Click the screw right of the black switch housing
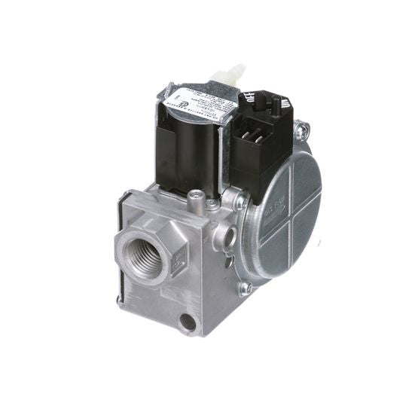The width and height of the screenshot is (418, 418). pos(301,131)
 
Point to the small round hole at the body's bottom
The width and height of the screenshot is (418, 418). pos(188,322)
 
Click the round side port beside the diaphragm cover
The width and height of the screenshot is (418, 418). pos(224,236)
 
